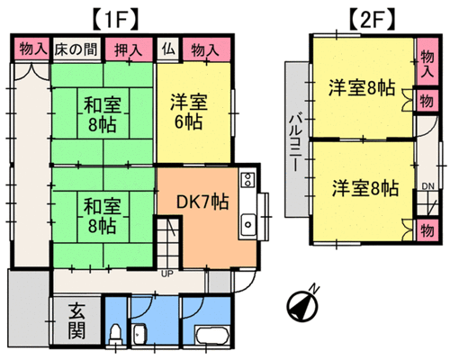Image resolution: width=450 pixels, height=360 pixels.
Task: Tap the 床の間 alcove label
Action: coord(76,49)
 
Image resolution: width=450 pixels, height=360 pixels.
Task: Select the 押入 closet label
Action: coord(129,49)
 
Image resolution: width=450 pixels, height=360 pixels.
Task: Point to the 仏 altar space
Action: coord(168,49)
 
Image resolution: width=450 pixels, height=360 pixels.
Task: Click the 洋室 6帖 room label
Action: coord(189,112)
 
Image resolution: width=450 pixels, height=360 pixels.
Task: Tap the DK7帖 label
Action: coord(202,202)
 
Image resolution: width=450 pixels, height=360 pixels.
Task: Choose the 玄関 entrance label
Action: coord(76,321)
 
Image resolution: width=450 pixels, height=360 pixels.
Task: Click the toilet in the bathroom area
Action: coord(115,335)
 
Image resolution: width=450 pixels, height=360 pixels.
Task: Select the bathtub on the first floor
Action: coord(212,336)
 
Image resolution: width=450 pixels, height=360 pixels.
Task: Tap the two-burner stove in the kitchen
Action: coord(248,179)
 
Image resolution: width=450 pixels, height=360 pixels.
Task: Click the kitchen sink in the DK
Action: coord(248,224)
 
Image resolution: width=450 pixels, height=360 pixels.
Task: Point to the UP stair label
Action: coord(167,274)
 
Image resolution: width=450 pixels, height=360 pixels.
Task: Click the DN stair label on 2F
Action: coord(428,186)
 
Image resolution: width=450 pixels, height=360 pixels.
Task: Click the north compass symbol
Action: coord(302,304)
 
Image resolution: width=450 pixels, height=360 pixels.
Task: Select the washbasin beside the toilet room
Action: coord(139,333)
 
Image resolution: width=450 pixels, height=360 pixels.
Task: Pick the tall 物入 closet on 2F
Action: coord(427,62)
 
